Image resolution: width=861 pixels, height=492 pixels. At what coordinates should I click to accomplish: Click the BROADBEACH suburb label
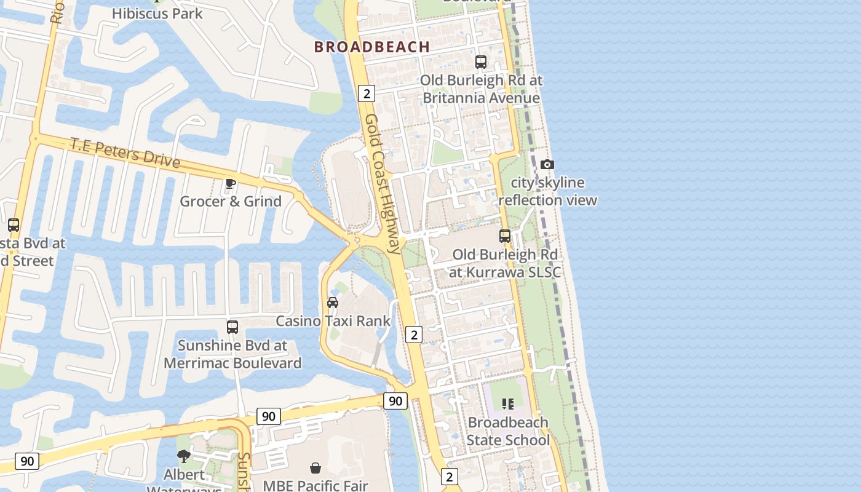pos(372,47)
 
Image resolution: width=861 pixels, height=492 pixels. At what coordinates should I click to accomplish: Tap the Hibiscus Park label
pos(157,13)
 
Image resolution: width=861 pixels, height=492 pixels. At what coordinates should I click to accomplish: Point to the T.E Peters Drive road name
pos(125,153)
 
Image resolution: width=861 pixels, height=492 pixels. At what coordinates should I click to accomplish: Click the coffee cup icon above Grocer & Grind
pos(231,183)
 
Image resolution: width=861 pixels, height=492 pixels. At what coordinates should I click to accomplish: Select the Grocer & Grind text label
pos(231,201)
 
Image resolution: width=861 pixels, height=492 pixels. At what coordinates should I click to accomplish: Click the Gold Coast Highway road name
pos(383,183)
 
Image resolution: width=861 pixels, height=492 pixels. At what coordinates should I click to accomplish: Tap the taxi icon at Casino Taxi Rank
pos(333,302)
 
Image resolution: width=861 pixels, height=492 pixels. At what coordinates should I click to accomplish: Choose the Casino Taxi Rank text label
pos(333,321)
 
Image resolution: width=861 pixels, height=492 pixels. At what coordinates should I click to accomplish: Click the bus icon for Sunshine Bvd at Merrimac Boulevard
pos(232,327)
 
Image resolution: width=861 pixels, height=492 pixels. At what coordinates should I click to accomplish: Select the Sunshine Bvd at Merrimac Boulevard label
pos(232,354)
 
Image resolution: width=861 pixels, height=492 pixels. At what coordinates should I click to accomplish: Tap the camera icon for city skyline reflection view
pos(547,164)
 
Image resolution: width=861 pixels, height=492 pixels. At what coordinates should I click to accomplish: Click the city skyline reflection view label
pos(547,191)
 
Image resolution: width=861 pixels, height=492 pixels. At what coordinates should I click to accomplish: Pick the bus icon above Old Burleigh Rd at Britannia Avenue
pos(481,62)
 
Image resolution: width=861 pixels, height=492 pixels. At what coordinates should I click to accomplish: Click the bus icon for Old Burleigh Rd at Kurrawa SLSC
pos(505,236)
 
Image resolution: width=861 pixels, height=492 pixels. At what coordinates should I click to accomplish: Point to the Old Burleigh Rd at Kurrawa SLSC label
pos(505,263)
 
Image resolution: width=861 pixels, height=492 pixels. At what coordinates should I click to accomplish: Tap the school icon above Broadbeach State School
pos(507,404)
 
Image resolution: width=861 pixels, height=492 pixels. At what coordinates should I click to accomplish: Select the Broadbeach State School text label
pos(507,431)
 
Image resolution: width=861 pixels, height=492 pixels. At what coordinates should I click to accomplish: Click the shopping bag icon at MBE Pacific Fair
pos(315,468)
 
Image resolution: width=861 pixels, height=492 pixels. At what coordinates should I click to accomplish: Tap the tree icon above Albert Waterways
pos(183,456)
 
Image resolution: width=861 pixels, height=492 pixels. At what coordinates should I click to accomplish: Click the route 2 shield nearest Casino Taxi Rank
pos(415,335)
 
